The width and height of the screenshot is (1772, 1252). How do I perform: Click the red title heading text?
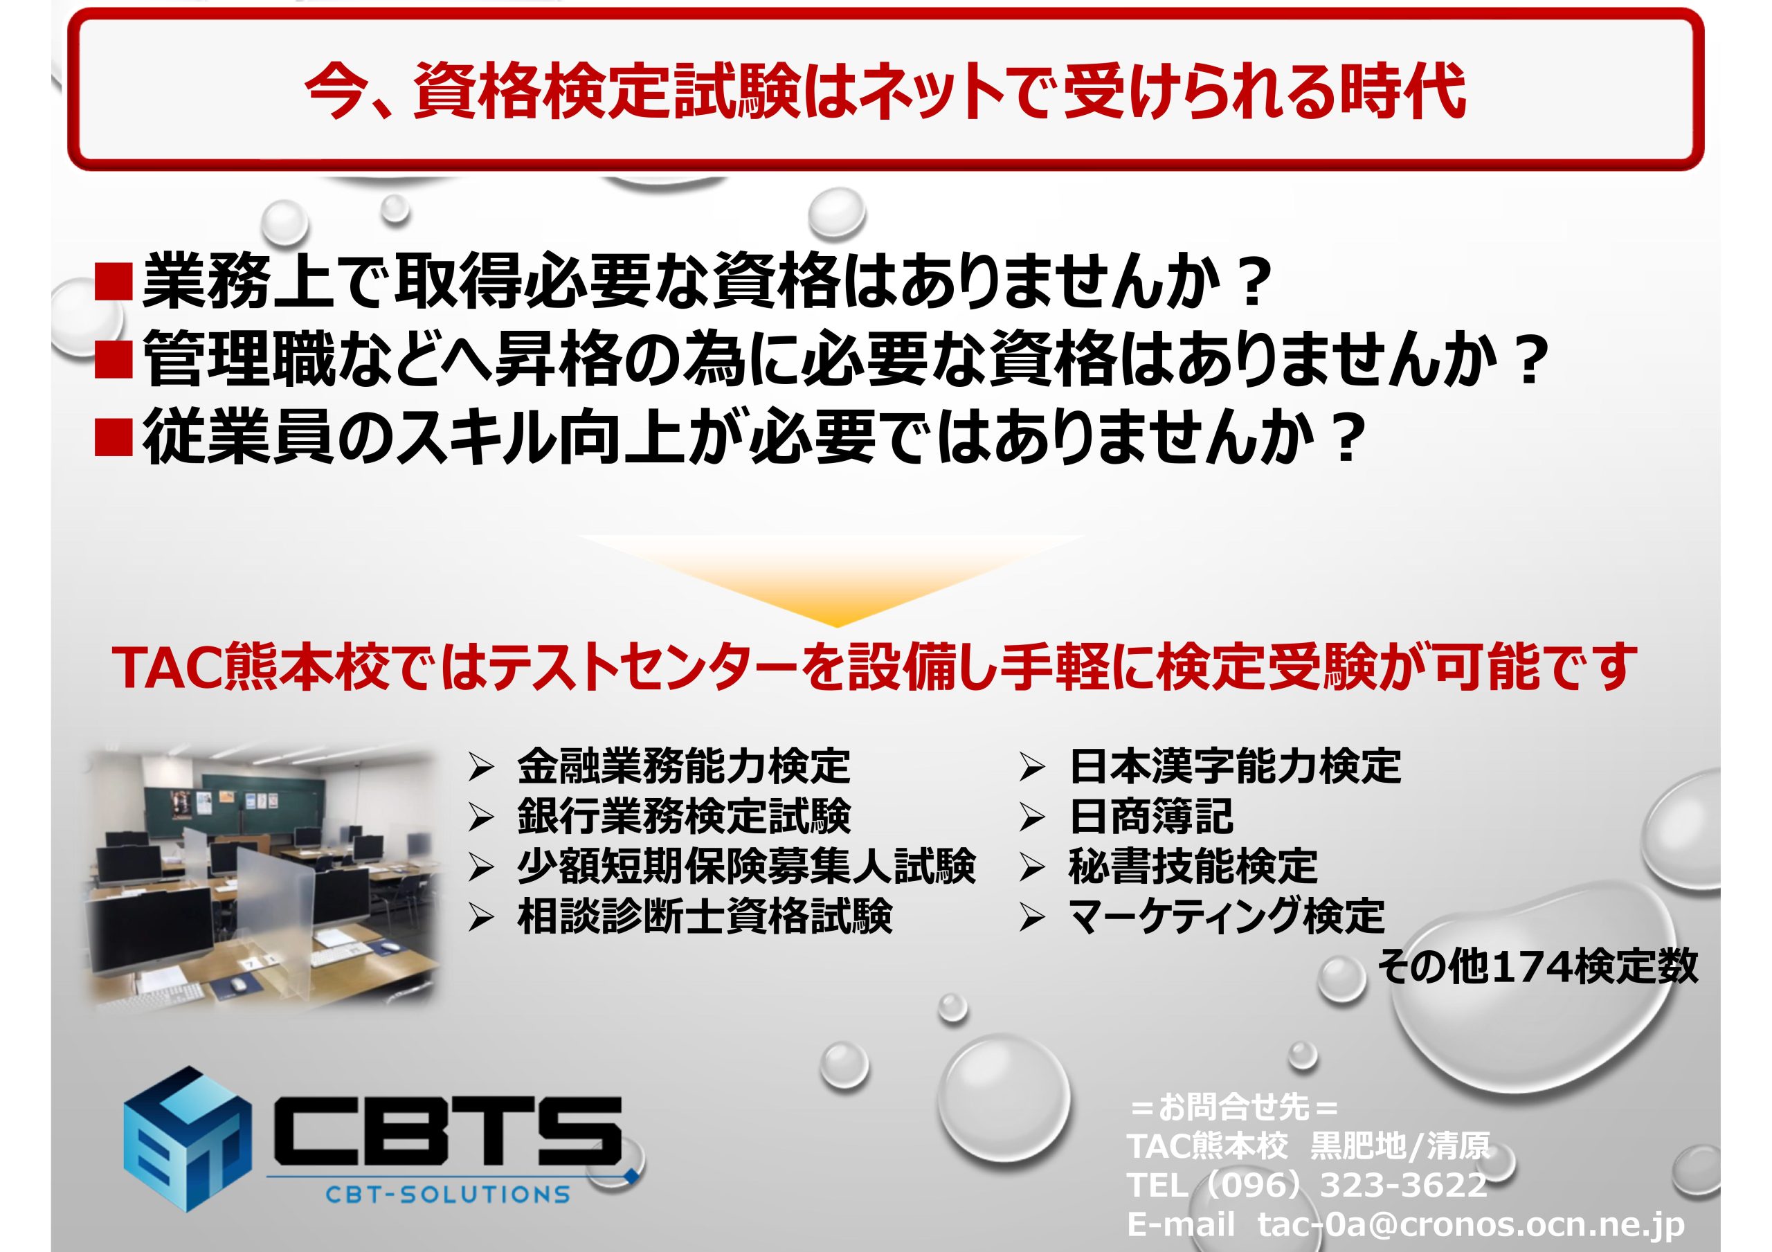pyautogui.click(x=885, y=91)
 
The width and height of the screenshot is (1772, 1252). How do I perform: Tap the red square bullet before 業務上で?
pyautogui.click(x=114, y=282)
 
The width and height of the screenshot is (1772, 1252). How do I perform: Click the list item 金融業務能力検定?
pyautogui.click(x=684, y=765)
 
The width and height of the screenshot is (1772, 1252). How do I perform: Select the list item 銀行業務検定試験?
pyautogui.click(x=684, y=816)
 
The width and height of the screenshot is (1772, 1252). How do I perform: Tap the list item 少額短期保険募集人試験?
pyautogui.click(x=746, y=865)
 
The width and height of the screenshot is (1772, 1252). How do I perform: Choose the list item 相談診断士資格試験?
pyautogui.click(x=705, y=916)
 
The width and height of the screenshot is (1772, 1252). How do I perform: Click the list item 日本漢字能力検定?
pyautogui.click(x=1235, y=765)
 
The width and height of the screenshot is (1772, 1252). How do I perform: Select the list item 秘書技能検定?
pyautogui.click(x=1193, y=865)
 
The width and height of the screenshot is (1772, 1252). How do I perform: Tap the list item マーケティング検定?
pyautogui.click(x=1227, y=916)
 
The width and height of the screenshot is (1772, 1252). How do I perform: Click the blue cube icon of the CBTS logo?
pyautogui.click(x=187, y=1138)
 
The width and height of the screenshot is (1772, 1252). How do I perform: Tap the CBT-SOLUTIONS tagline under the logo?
pyautogui.click(x=448, y=1195)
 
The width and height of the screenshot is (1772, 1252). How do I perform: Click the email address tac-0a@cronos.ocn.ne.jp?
pyautogui.click(x=1471, y=1224)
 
